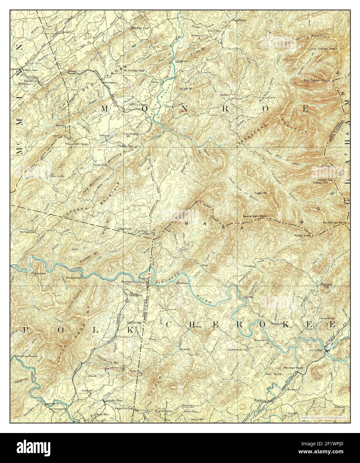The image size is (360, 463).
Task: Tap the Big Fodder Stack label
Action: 317,81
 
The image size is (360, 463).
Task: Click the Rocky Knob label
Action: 302,236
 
